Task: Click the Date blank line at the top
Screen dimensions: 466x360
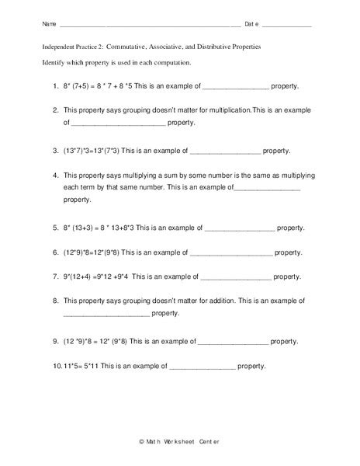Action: pos(287,26)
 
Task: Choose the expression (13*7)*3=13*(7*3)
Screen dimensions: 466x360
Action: pos(99,150)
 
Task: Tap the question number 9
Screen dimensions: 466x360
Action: pos(56,340)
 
